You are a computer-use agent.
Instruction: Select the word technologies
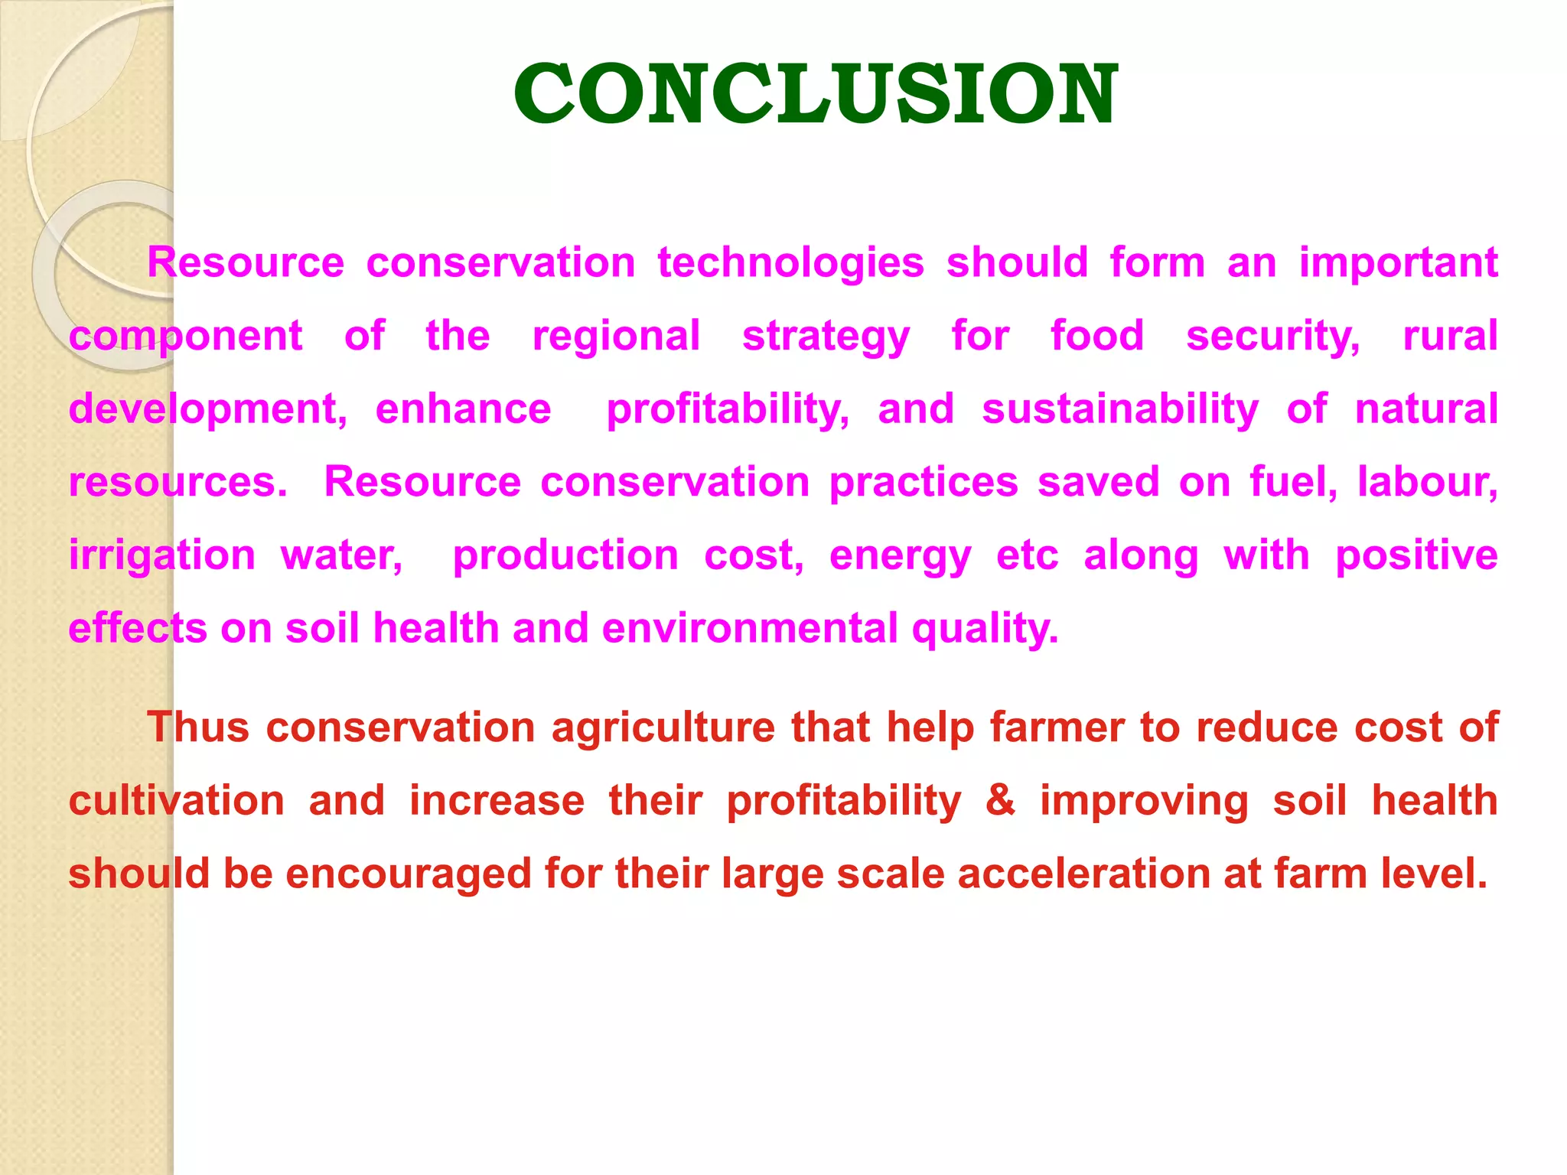[x=790, y=262]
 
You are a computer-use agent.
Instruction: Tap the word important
[x=1398, y=262]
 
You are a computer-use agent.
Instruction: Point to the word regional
[x=616, y=336]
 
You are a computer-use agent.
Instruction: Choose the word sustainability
[x=1120, y=409]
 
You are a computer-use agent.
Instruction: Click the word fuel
[x=1293, y=482]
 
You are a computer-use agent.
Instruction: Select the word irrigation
[x=162, y=555]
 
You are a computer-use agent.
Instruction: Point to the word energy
[x=900, y=556]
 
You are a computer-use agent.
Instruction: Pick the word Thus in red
[x=198, y=727]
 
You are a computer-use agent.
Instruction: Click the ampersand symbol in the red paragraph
[x=1001, y=800]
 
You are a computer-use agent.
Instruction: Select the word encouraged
[x=408, y=874]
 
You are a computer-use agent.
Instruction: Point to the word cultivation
[x=177, y=800]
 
